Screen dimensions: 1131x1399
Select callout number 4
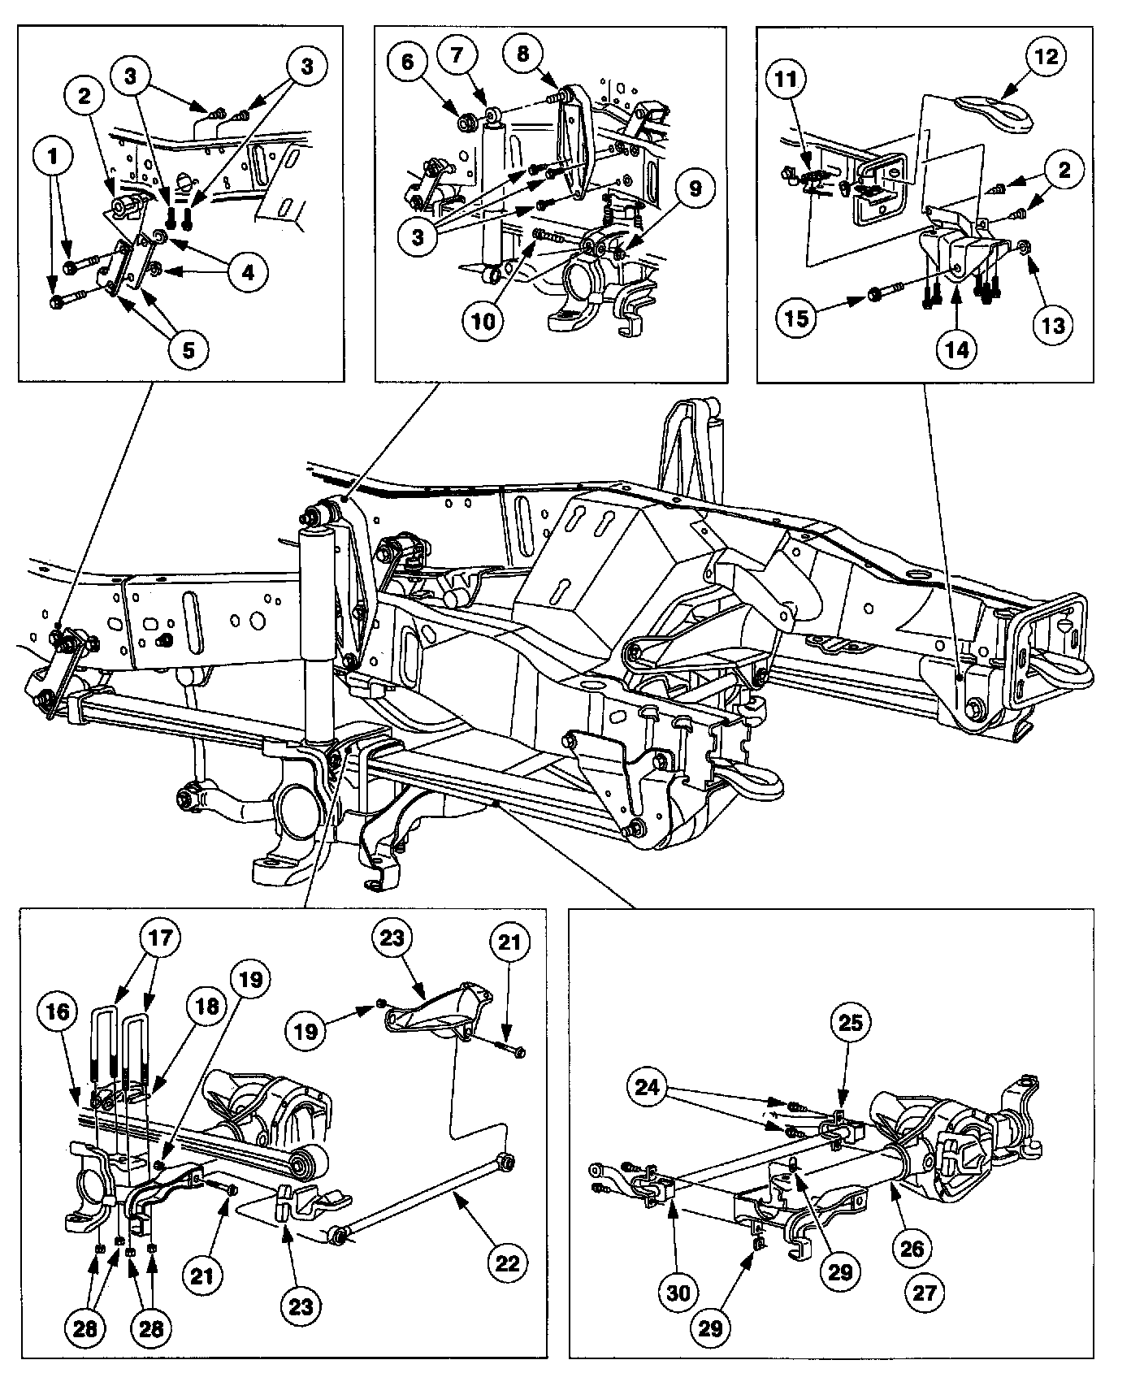[247, 273]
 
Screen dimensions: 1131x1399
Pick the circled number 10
[484, 320]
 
